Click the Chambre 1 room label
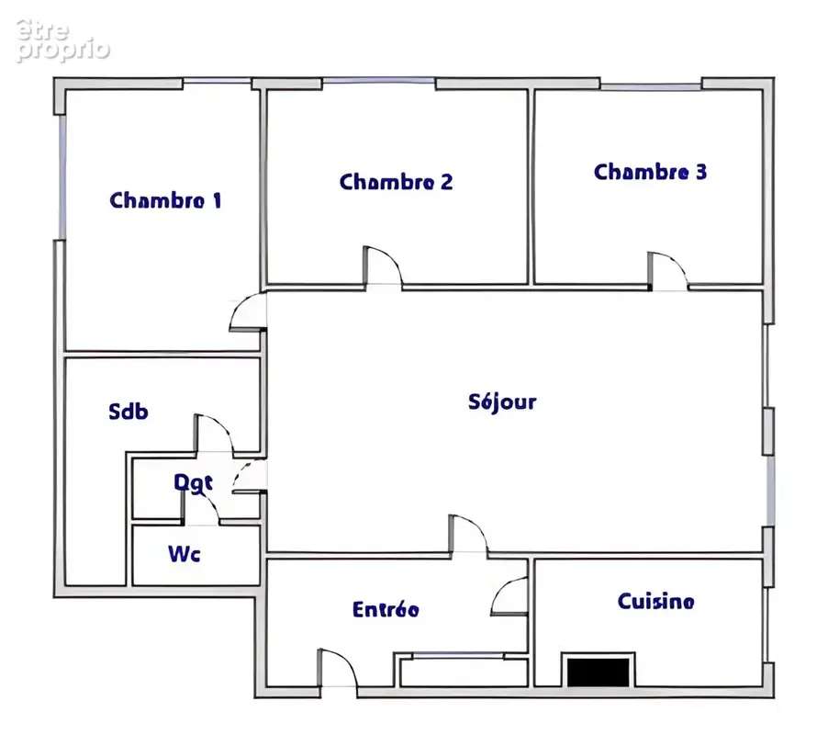click(165, 200)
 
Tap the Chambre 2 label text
click(396, 182)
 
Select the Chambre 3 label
click(650, 172)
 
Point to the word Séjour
click(502, 402)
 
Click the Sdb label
click(129, 411)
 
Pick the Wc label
click(185, 554)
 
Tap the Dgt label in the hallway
click(194, 483)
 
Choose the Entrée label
click(386, 609)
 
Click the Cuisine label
click(655, 601)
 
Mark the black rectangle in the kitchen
click(599, 673)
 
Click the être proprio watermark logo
click(62, 41)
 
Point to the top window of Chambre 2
click(378, 81)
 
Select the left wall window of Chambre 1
click(62, 177)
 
